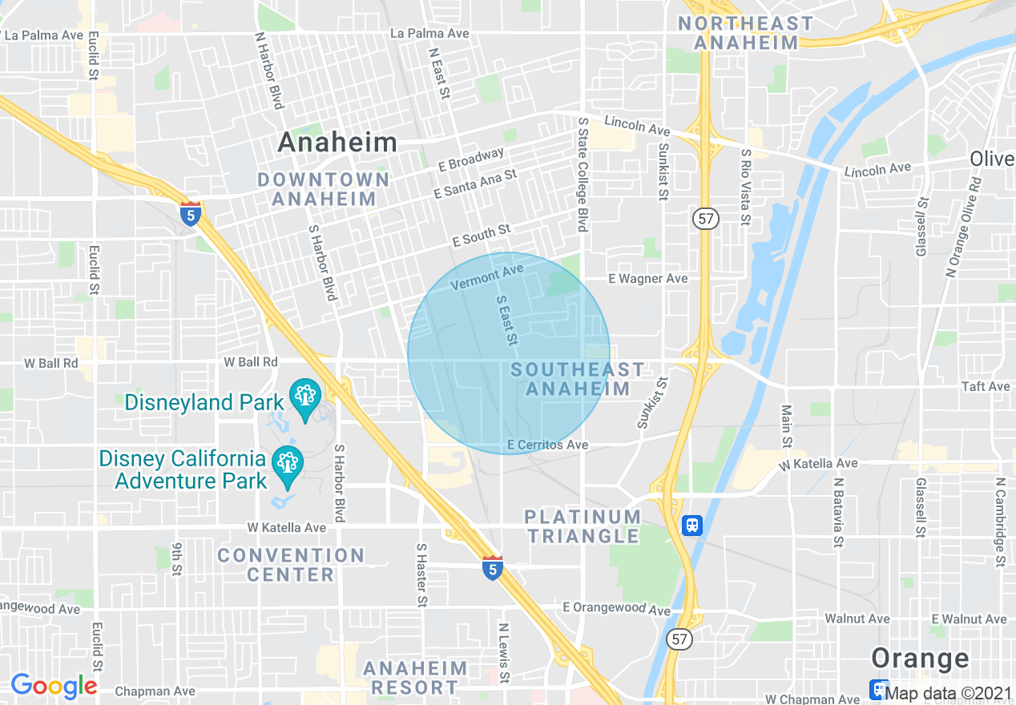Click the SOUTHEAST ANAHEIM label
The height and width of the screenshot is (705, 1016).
click(x=578, y=379)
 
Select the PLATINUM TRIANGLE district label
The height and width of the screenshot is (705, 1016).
click(x=583, y=526)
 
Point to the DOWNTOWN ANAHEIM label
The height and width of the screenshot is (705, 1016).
click(x=324, y=189)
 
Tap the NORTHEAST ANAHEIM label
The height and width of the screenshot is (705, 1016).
click(x=746, y=33)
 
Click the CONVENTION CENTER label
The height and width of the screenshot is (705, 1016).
click(x=291, y=565)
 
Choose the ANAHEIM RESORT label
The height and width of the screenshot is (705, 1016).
click(x=415, y=678)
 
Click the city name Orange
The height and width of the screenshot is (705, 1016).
click(x=920, y=659)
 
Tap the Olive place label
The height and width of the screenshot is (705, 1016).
click(x=992, y=159)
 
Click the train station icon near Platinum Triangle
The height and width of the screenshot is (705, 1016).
click(x=692, y=526)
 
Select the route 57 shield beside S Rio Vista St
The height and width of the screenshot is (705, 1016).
click(x=706, y=218)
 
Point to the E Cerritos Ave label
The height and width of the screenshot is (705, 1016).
click(x=548, y=445)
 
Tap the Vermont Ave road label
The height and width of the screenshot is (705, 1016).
click(x=486, y=278)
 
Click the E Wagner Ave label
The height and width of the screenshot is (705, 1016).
click(x=647, y=278)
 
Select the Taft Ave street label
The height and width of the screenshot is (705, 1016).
click(x=986, y=386)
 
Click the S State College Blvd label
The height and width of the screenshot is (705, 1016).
click(x=583, y=175)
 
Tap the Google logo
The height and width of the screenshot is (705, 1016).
click(x=54, y=685)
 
